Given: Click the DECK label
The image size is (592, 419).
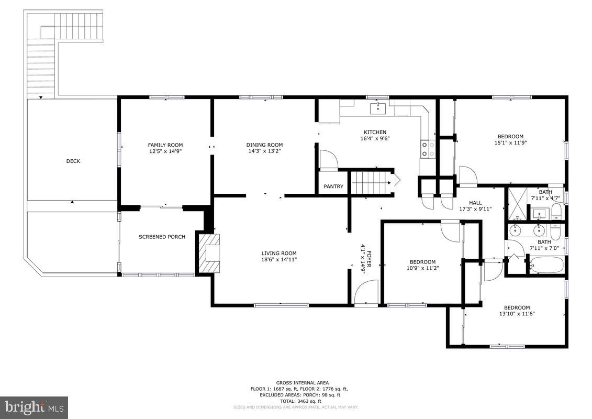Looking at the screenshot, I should point(73,161).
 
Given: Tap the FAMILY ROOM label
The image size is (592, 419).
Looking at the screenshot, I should point(165,145).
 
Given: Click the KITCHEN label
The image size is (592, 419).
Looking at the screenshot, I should point(375,132).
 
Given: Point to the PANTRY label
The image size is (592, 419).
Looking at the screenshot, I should point(333,186).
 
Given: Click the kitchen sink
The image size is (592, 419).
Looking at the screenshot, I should point(378,108).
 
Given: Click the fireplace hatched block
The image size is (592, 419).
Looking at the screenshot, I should point(209,253).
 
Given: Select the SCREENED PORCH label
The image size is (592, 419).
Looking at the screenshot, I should point(162,237).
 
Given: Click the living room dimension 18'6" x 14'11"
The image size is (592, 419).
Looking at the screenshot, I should point(278,259).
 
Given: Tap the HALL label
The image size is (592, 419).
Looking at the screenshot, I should point(475,203).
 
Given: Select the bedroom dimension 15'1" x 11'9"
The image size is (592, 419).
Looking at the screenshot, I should point(509,142).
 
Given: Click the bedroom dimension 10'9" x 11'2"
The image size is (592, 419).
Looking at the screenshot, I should point(422,268).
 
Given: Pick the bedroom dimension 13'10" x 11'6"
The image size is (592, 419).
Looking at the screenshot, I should point(516,314).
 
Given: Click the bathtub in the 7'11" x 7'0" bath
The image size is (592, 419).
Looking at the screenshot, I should point(546,264).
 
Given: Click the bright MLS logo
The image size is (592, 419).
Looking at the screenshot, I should point(35,406).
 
